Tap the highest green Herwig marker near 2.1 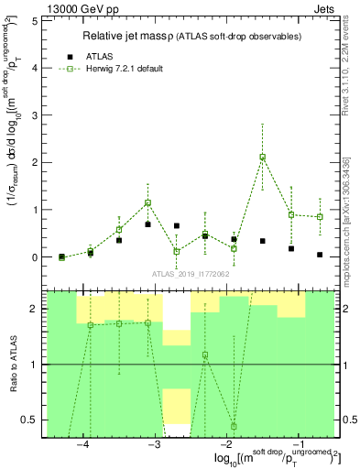(x=263, y=157)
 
